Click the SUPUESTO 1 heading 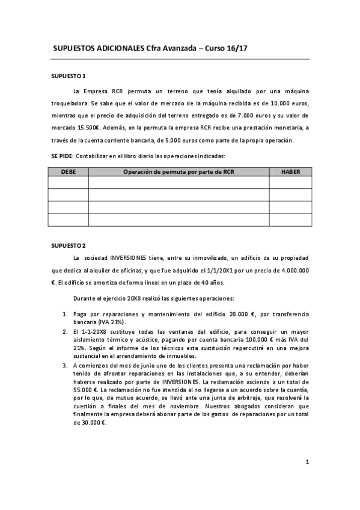(x=69, y=76)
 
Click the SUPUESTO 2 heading (x=69, y=245)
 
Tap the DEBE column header (x=69, y=171)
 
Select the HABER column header (x=290, y=171)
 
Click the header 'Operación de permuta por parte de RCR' (x=178, y=171)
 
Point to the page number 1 (x=307, y=462)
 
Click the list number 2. (x=66, y=331)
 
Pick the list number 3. (x=66, y=364)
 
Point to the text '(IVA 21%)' (x=89, y=322)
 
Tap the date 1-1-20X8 (x=94, y=331)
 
